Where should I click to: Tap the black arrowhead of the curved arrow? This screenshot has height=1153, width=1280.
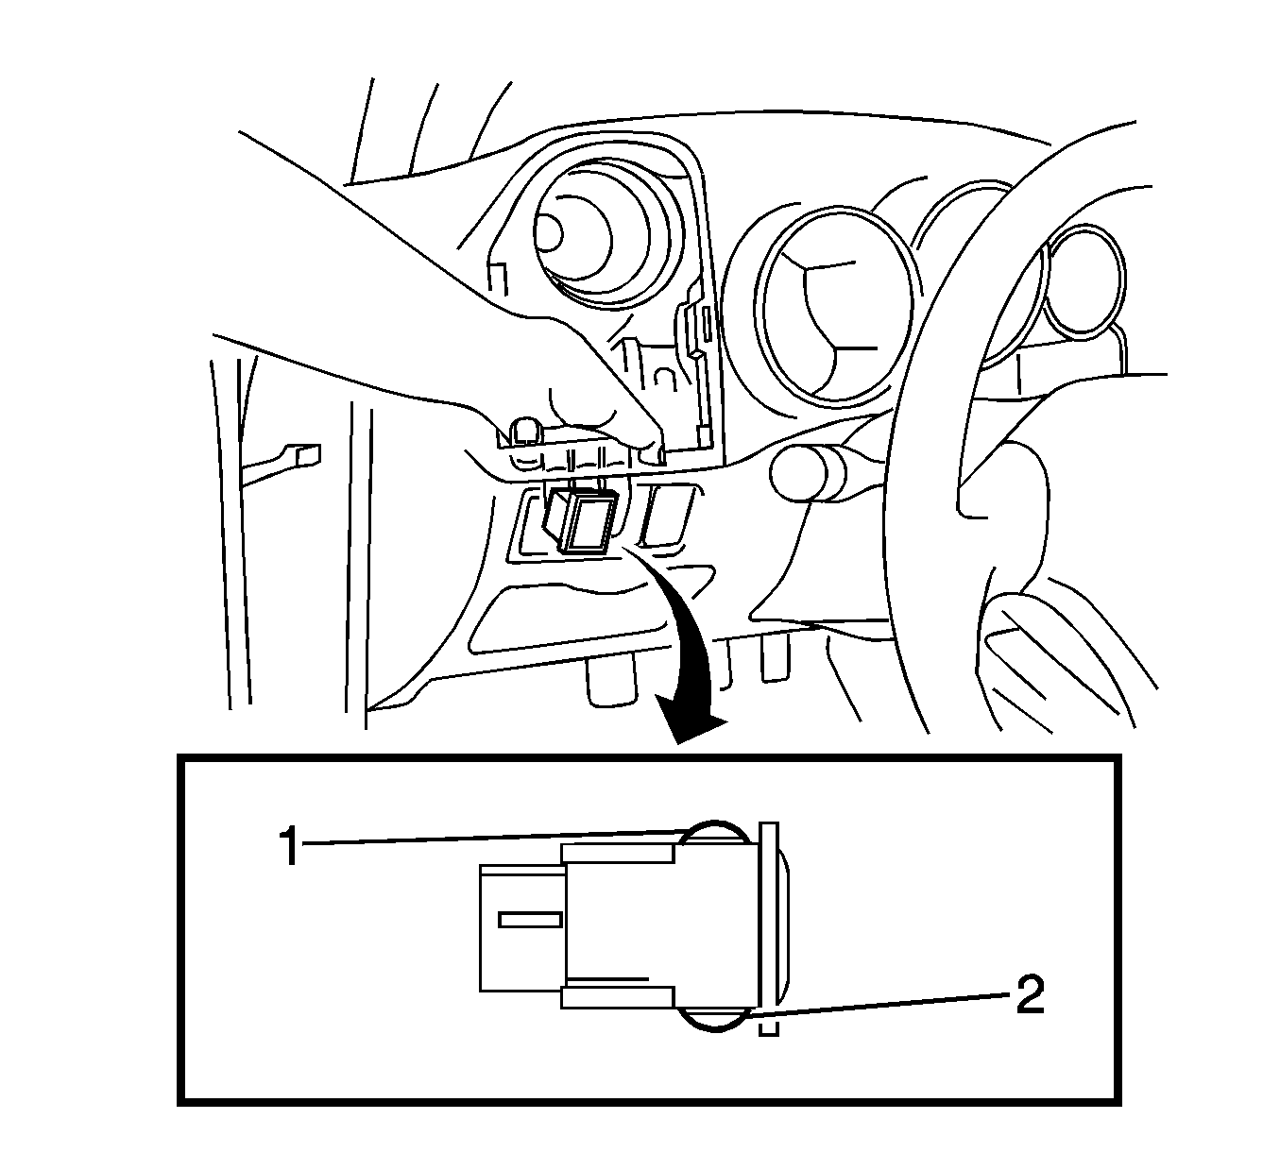pos(694,723)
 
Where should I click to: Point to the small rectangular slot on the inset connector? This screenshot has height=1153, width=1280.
pos(531,921)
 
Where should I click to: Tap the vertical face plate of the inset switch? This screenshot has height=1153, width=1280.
pos(768,924)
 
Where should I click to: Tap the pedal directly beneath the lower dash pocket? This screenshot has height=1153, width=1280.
pos(611,682)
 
